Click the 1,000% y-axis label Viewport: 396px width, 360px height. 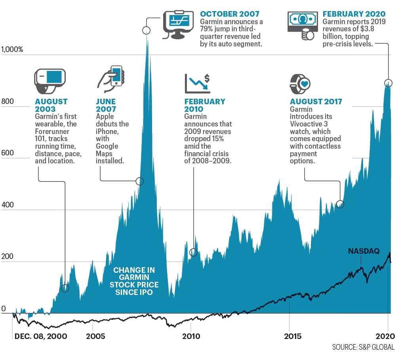[x=12, y=49]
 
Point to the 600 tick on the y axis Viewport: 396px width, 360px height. [x=8, y=153]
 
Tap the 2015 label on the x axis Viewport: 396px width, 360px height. [x=293, y=336]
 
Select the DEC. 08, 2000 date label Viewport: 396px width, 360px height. [x=41, y=336]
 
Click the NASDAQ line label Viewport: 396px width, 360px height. [x=364, y=251]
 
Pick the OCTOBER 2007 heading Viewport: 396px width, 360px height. [x=230, y=14]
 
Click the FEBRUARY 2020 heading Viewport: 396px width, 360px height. [x=354, y=14]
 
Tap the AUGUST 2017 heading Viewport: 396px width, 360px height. [x=316, y=101]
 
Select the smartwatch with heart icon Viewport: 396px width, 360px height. [x=300, y=84]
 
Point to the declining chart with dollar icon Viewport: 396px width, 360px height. [x=197, y=84]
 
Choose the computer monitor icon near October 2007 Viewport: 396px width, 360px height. [x=178, y=25]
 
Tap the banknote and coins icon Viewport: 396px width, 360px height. [x=303, y=25]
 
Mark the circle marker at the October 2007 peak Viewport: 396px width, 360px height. [x=146, y=31]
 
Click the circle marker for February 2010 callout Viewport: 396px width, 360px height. [x=194, y=252]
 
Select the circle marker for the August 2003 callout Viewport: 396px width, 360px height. [x=65, y=288]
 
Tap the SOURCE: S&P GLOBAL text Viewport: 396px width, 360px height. [x=363, y=347]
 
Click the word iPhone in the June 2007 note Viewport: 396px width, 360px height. [x=107, y=132]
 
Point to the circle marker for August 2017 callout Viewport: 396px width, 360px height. [x=340, y=204]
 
